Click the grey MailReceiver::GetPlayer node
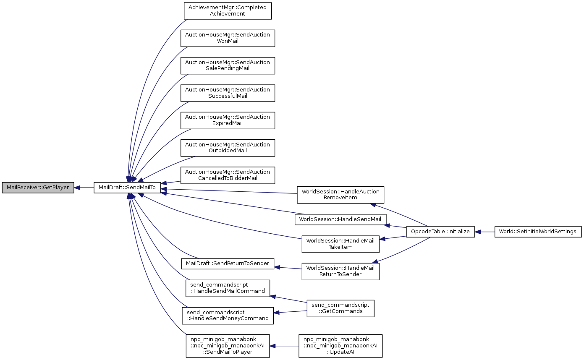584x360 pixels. [37, 188]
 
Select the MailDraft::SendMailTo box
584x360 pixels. [127, 188]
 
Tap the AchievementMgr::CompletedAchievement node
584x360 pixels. [228, 10]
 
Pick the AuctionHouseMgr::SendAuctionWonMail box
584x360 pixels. [228, 38]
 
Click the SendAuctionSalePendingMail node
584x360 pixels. [228, 65]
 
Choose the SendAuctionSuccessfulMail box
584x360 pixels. [228, 93]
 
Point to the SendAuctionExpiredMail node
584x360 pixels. [228, 120]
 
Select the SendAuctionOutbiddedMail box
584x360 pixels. [228, 148]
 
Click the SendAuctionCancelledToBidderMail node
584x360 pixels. [228, 175]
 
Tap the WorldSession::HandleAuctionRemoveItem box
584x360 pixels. [340, 194]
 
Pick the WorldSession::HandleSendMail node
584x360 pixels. [340, 219]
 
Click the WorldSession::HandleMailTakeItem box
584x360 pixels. [340, 244]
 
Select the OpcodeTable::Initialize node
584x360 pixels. [440, 231]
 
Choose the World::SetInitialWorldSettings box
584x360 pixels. [538, 231]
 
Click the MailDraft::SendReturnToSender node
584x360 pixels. [228, 263]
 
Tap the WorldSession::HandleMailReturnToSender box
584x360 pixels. [340, 271]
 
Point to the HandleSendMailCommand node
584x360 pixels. [228, 288]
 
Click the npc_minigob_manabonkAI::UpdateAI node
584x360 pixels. [340, 346]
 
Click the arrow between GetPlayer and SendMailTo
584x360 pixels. [84, 188]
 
